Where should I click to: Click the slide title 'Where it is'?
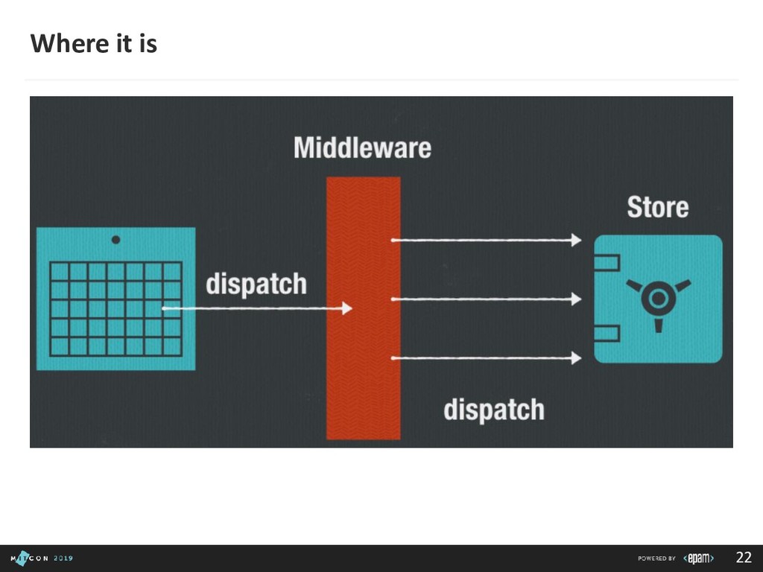point(94,44)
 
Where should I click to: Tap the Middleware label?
point(362,147)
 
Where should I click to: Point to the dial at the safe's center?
point(658,299)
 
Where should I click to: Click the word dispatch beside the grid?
point(256,284)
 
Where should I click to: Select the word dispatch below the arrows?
point(493,409)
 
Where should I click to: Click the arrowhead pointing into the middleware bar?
point(346,308)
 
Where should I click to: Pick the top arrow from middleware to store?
point(486,240)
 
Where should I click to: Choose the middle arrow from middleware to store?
point(486,299)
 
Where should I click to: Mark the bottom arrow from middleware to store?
point(486,358)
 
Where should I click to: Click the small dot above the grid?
point(115,240)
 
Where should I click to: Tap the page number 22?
point(743,558)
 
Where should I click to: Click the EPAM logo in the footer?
point(700,558)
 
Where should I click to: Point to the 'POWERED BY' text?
point(656,559)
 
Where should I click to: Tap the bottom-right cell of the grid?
point(172,346)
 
